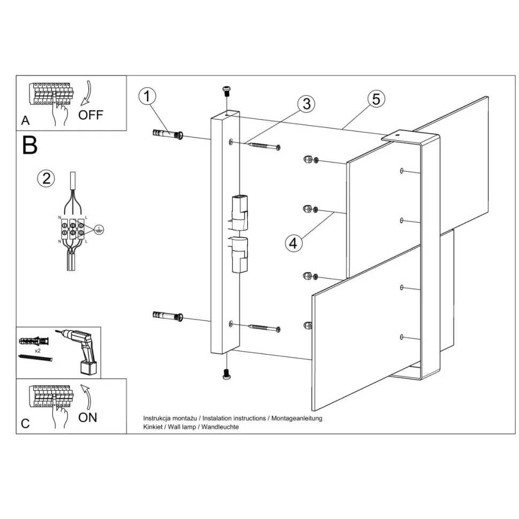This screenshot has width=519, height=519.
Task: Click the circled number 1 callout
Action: point(147,96)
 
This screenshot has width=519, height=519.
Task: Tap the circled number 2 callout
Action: point(46,178)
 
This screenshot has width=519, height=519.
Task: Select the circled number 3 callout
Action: point(306,104)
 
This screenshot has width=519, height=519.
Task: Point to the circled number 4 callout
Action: point(293,243)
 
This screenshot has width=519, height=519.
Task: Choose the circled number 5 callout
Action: point(376,99)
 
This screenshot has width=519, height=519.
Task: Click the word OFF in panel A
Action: point(91,115)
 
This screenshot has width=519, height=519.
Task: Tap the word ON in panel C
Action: point(88,417)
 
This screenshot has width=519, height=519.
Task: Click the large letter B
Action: point(30,146)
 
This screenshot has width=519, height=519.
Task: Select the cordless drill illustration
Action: point(79,352)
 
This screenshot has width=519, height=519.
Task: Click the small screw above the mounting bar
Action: point(227,91)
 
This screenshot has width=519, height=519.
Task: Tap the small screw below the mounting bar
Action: point(227,374)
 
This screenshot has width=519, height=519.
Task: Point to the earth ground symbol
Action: point(98,229)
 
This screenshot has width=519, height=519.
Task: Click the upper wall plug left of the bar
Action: point(168,134)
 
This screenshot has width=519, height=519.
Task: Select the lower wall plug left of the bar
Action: point(168,316)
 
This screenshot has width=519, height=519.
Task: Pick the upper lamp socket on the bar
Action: point(239,212)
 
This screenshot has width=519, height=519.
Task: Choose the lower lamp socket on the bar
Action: point(239,255)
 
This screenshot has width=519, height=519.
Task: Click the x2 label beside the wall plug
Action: point(37,350)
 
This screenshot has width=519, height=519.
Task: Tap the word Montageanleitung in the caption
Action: point(296,418)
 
